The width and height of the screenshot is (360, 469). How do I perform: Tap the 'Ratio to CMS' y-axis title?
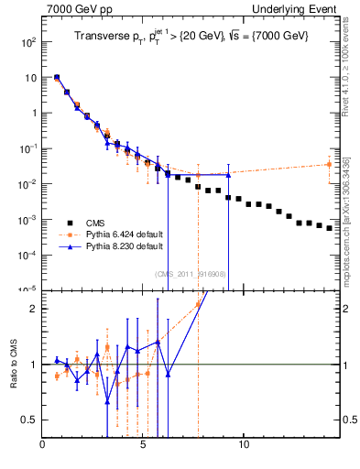point(14,364)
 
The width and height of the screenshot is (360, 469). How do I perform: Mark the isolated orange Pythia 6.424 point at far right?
point(329,165)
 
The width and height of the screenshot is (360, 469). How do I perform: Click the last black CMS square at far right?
point(329,228)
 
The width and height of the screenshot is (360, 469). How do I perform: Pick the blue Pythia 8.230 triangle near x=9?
point(228,175)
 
